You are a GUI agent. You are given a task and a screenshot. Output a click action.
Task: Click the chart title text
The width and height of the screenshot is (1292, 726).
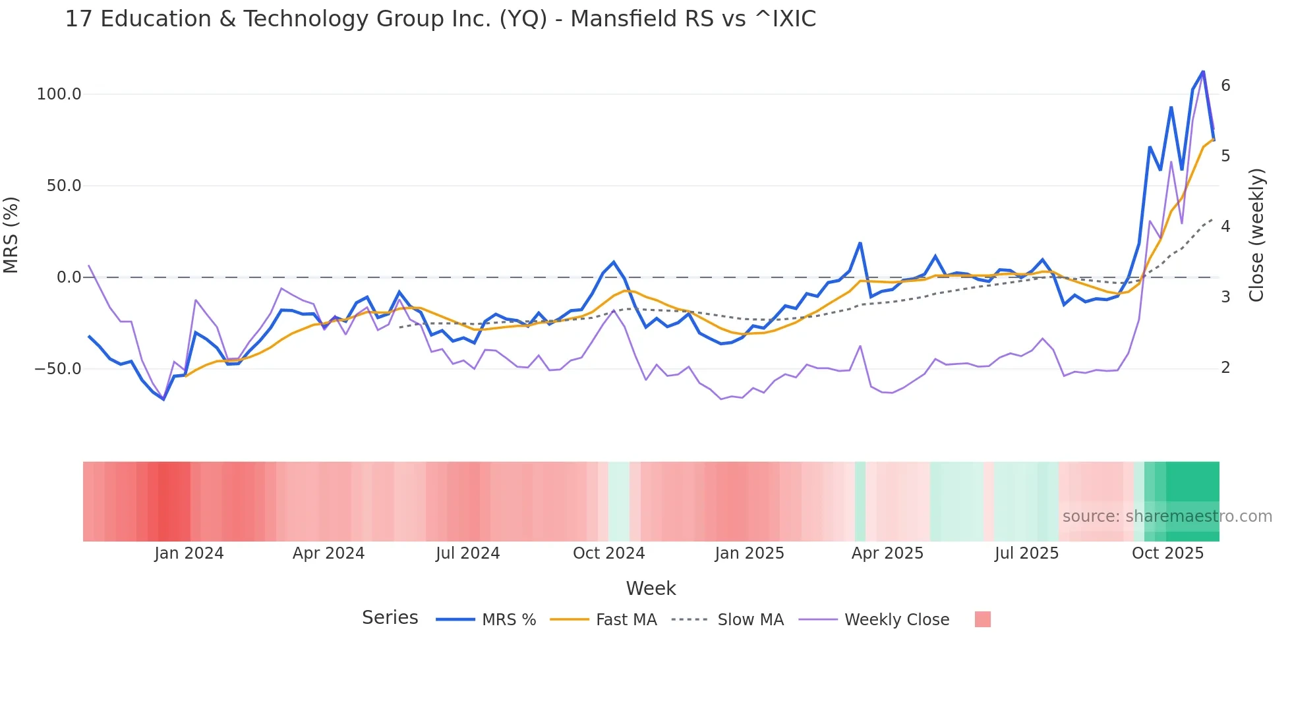pos(440,19)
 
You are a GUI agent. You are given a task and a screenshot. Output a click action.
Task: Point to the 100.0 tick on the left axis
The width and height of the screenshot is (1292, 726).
pos(59,94)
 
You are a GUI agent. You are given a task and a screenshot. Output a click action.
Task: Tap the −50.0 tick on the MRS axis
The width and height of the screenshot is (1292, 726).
pos(58,369)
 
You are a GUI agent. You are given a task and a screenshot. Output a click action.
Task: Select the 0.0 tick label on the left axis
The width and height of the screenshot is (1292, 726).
pos(69,277)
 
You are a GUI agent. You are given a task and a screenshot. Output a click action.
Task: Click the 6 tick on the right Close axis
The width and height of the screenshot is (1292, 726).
pos(1225,85)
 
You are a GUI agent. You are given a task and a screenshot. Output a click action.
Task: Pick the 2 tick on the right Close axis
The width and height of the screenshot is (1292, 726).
pos(1225,368)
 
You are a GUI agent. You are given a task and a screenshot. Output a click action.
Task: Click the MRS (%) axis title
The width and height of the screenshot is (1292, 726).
pos(11,235)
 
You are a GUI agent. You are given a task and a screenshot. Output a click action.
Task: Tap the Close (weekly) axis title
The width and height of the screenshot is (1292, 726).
pos(1256,235)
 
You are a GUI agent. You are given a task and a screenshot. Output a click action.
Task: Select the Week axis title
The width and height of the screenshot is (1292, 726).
pos(651,588)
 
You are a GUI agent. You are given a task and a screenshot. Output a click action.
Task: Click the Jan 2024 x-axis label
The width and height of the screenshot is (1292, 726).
pos(189,553)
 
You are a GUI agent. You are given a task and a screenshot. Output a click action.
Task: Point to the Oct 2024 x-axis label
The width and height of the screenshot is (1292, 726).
pos(608,553)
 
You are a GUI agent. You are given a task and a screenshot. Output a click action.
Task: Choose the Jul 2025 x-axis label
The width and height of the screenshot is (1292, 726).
pos(1026,553)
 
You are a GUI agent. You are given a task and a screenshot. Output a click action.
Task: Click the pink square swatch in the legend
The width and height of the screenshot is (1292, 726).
pos(982,619)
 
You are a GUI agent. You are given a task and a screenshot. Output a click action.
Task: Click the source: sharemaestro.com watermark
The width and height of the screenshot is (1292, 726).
pos(1167,516)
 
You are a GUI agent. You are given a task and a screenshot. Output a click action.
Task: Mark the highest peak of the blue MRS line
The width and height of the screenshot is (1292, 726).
pos(1203,71)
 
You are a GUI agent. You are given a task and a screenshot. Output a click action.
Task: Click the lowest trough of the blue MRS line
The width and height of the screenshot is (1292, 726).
pos(163,399)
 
